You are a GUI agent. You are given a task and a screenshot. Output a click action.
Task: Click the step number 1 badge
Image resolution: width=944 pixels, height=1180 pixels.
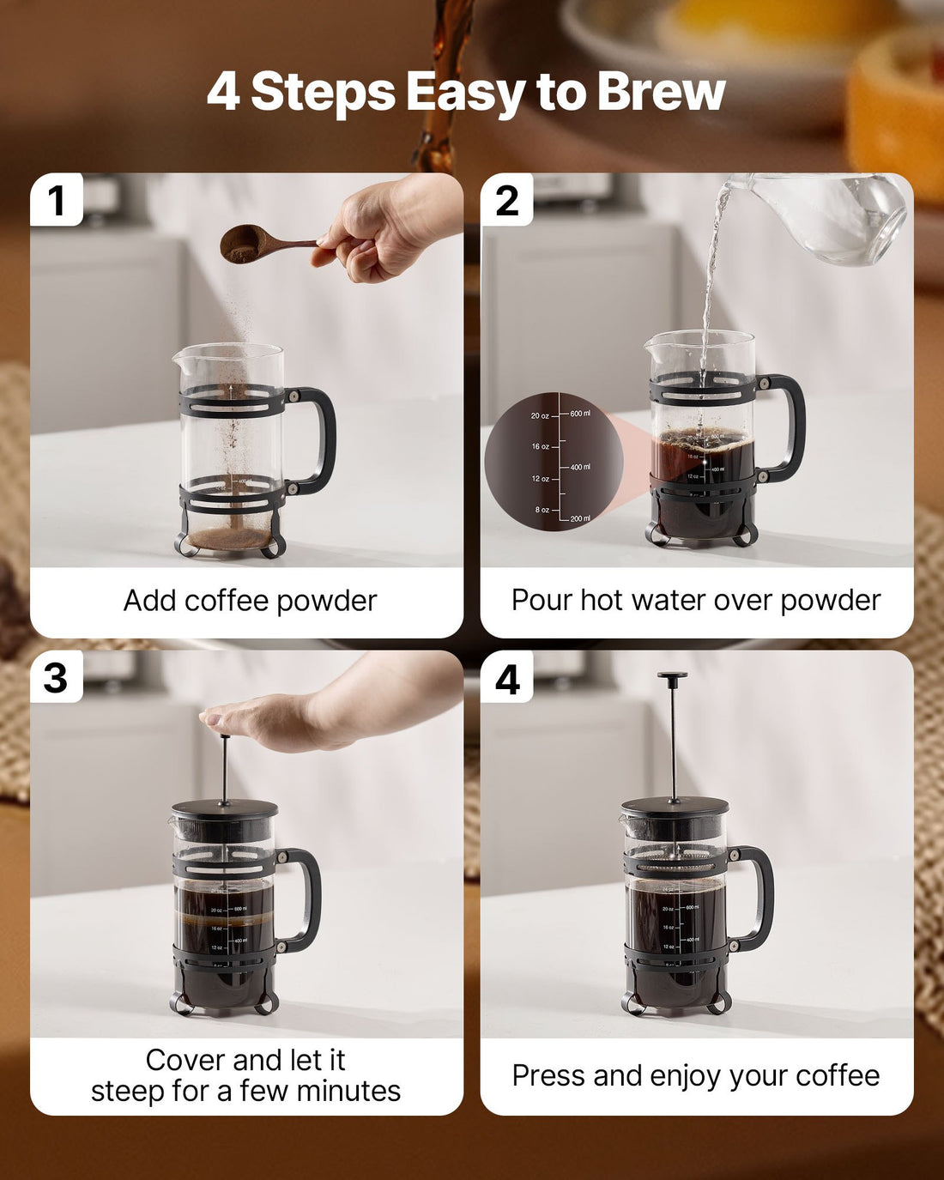point(57,201)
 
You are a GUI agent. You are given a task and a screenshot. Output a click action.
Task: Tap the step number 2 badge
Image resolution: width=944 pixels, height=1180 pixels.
point(507,201)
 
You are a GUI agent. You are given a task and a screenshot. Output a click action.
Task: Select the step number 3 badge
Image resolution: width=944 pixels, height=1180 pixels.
point(56,678)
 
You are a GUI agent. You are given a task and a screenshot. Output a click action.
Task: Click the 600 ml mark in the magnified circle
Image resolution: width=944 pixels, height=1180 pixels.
point(580,414)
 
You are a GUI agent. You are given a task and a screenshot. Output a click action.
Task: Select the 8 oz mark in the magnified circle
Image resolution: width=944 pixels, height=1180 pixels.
point(542,510)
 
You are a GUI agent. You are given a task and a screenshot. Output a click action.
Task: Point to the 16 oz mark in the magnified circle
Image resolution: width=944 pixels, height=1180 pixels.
point(540,447)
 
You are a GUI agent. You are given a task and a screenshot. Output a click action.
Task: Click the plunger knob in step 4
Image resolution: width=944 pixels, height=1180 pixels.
point(673,678)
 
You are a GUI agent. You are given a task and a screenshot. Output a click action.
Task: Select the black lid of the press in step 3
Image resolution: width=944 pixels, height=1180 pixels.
point(225,809)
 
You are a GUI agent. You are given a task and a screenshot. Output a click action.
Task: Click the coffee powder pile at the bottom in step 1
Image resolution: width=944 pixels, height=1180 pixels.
point(230,538)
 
